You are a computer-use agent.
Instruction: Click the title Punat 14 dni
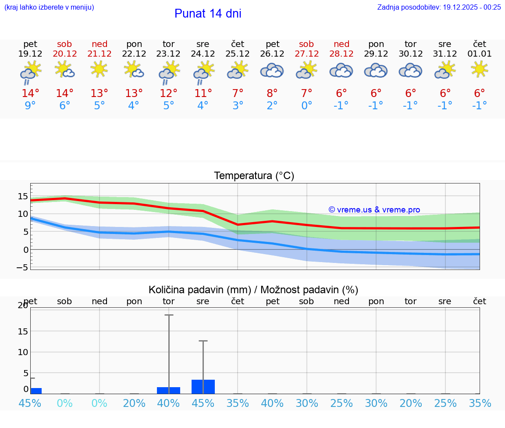(208, 14)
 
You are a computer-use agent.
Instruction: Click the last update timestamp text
(439, 7)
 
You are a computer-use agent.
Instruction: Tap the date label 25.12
(238, 54)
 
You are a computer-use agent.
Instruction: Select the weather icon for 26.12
(272, 71)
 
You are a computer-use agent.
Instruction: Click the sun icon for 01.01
(480, 68)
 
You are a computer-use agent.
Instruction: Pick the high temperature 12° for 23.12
(168, 94)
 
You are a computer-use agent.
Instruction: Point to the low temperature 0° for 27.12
(306, 106)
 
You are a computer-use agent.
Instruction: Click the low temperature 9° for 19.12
(30, 106)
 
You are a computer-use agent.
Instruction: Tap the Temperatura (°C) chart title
(254, 176)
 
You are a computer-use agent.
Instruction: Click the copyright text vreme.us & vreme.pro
(374, 210)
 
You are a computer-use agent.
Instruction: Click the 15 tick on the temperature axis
(23, 196)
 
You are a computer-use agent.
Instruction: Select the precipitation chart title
(253, 290)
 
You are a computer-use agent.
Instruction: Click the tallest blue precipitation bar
(203, 387)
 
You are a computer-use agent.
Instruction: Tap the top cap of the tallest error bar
(169, 315)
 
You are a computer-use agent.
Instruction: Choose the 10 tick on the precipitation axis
(23, 352)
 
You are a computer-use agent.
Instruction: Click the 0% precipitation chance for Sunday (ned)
(100, 403)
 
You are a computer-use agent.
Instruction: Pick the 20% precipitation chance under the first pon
(134, 403)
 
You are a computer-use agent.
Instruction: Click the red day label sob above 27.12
(306, 44)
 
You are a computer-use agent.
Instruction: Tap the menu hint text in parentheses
(49, 7)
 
